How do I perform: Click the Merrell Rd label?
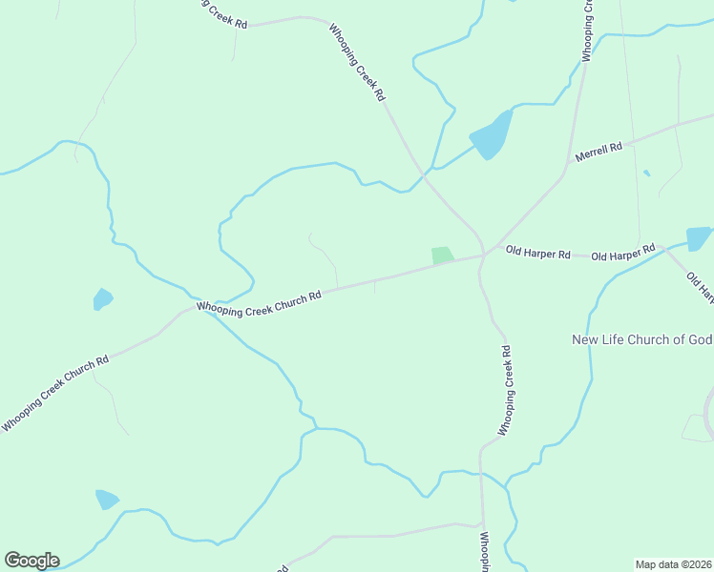click(598, 149)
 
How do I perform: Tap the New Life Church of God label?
click(641, 339)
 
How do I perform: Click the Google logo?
click(31, 561)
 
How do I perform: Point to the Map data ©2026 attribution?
click(673, 564)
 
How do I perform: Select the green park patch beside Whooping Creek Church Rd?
click(442, 255)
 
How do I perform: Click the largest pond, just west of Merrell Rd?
click(493, 136)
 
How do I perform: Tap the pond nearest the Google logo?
click(106, 500)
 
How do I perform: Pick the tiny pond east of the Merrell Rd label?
click(646, 173)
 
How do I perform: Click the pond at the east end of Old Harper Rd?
click(699, 238)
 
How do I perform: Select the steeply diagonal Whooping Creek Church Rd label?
click(54, 393)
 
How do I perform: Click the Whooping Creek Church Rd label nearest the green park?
click(259, 302)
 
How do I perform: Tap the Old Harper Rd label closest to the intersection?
click(537, 255)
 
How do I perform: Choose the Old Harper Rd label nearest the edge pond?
click(622, 254)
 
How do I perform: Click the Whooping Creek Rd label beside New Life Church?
click(505, 390)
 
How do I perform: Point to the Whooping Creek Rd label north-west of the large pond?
click(357, 63)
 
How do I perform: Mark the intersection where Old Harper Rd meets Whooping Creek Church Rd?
click(484, 255)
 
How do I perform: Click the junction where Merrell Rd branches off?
click(570, 163)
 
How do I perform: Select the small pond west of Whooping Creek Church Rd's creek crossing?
click(102, 299)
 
